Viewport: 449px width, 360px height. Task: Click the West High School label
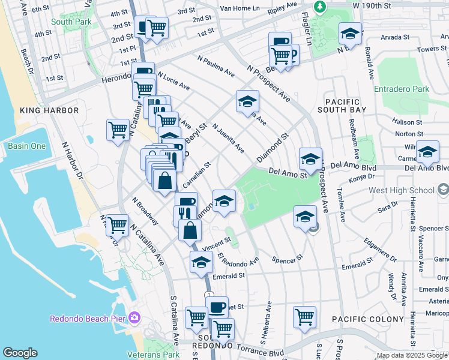point(402,191)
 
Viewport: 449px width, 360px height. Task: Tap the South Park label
point(70,22)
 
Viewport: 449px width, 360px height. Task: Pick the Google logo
point(20,353)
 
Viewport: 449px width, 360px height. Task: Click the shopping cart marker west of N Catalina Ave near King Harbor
point(118,130)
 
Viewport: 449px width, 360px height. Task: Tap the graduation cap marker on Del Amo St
point(310,159)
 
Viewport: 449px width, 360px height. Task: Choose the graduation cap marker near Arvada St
point(349,34)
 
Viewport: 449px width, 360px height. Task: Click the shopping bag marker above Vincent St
point(190,230)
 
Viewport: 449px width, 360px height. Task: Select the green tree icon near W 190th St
point(321,5)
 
